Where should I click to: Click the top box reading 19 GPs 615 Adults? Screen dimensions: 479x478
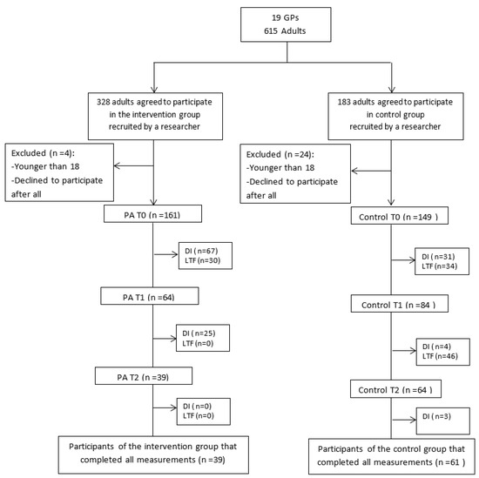(x=286, y=24)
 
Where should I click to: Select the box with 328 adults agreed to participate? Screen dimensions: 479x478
(x=155, y=116)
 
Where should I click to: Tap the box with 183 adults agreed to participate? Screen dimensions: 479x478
(x=395, y=116)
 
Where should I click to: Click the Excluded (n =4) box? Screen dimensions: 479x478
(x=59, y=172)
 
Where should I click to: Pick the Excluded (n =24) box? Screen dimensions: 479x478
(x=295, y=174)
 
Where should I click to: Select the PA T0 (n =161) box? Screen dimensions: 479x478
(x=152, y=213)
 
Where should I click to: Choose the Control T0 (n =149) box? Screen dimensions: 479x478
(x=399, y=216)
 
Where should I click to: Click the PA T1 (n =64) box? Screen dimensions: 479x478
(x=150, y=296)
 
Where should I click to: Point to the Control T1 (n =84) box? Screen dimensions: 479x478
(x=399, y=303)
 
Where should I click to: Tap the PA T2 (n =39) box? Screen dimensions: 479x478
(x=144, y=375)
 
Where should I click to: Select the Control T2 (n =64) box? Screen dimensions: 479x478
(x=395, y=388)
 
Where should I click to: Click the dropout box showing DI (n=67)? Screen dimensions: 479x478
(x=206, y=256)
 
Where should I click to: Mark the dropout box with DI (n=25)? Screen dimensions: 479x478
(x=203, y=338)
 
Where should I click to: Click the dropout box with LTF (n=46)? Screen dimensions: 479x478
(x=442, y=352)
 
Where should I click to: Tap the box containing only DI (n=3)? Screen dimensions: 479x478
(x=442, y=421)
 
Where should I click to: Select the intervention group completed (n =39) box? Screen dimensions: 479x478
(x=153, y=454)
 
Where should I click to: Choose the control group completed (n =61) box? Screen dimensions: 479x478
(x=392, y=456)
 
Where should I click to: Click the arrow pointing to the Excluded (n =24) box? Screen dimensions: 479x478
(x=371, y=171)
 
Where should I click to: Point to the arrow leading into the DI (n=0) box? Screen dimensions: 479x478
(x=165, y=407)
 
